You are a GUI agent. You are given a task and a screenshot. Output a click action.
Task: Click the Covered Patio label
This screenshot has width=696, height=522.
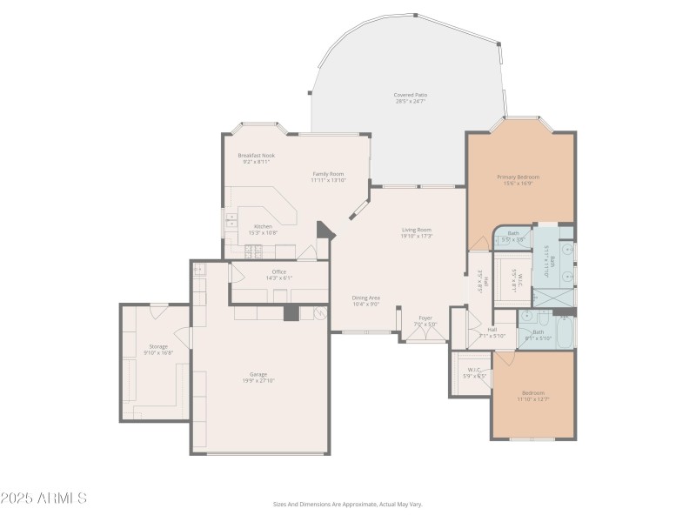tap(410, 95)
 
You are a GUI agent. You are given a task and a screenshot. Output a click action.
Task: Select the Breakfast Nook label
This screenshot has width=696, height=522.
tap(256, 156)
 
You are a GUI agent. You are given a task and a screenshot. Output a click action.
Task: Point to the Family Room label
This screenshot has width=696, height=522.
tap(328, 174)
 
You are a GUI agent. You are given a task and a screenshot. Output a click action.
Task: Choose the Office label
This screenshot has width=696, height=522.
tap(278, 271)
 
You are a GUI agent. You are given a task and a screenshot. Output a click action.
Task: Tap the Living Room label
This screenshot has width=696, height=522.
tap(417, 230)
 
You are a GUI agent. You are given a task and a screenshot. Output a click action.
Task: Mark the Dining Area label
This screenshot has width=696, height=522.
tap(365, 298)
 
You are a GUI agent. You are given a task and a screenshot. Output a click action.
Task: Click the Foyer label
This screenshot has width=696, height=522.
tap(425, 318)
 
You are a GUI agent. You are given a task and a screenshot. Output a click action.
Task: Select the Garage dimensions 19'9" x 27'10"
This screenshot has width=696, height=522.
tap(258, 380)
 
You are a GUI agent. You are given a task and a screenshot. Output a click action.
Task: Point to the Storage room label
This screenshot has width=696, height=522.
tap(157, 346)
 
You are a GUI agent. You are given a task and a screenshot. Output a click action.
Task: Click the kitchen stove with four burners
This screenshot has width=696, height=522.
tap(253, 251)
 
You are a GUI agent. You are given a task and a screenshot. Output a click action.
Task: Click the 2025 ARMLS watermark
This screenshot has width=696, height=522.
tap(43, 499)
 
